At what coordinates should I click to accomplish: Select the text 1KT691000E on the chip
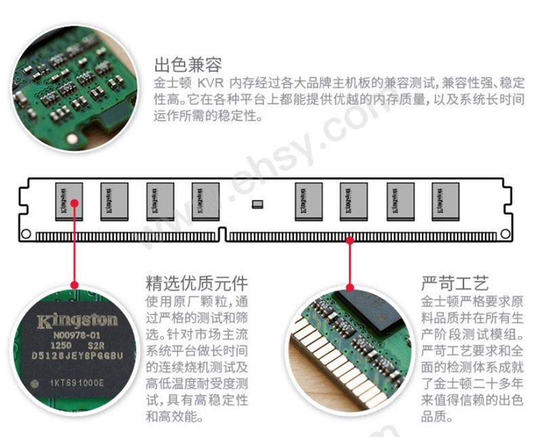76,383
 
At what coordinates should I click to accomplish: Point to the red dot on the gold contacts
350,238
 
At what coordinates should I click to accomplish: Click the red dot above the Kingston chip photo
74,285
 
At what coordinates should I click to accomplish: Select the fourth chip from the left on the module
206,201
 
